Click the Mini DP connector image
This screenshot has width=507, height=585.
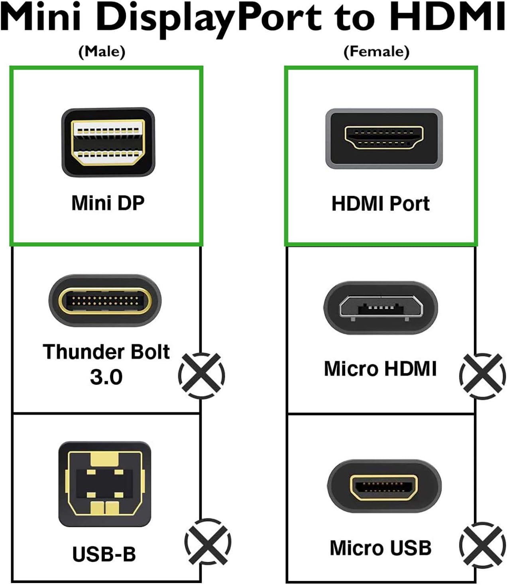click(108, 142)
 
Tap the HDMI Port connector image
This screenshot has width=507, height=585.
click(384, 138)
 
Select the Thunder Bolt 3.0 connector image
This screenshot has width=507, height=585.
click(105, 300)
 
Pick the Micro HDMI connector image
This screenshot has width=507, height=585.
click(380, 307)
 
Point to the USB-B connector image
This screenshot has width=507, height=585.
click(104, 484)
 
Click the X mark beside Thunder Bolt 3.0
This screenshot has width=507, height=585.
click(202, 375)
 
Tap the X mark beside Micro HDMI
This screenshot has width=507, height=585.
click(482, 376)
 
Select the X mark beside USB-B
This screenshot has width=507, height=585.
click(208, 542)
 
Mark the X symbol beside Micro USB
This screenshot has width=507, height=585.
click(482, 545)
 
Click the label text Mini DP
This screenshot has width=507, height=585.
click(108, 203)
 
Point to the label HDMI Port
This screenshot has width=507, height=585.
click(381, 204)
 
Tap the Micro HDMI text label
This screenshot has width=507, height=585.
click(380, 369)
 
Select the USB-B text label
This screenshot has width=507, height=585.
click(104, 554)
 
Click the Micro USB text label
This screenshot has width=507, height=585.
click(381, 548)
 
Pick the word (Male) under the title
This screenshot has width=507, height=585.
click(102, 51)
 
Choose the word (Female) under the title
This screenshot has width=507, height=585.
click(376, 51)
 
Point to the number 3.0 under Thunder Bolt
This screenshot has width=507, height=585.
click(106, 377)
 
